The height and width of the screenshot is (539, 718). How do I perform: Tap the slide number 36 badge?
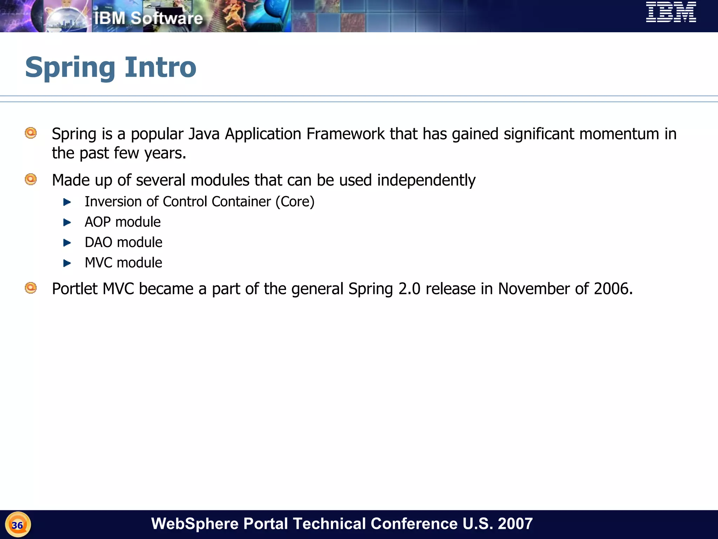point(18,525)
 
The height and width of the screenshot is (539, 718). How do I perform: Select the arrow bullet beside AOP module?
point(67,222)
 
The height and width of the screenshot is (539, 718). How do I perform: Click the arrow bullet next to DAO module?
point(67,242)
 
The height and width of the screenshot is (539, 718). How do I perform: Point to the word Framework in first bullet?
point(345,134)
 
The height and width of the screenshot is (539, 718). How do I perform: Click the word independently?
point(426,180)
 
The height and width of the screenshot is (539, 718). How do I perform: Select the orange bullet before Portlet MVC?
point(31,288)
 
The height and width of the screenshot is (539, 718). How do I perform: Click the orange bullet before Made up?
point(31,179)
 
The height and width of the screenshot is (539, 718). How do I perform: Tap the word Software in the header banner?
point(167,18)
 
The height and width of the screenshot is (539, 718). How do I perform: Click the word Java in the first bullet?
point(204,134)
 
